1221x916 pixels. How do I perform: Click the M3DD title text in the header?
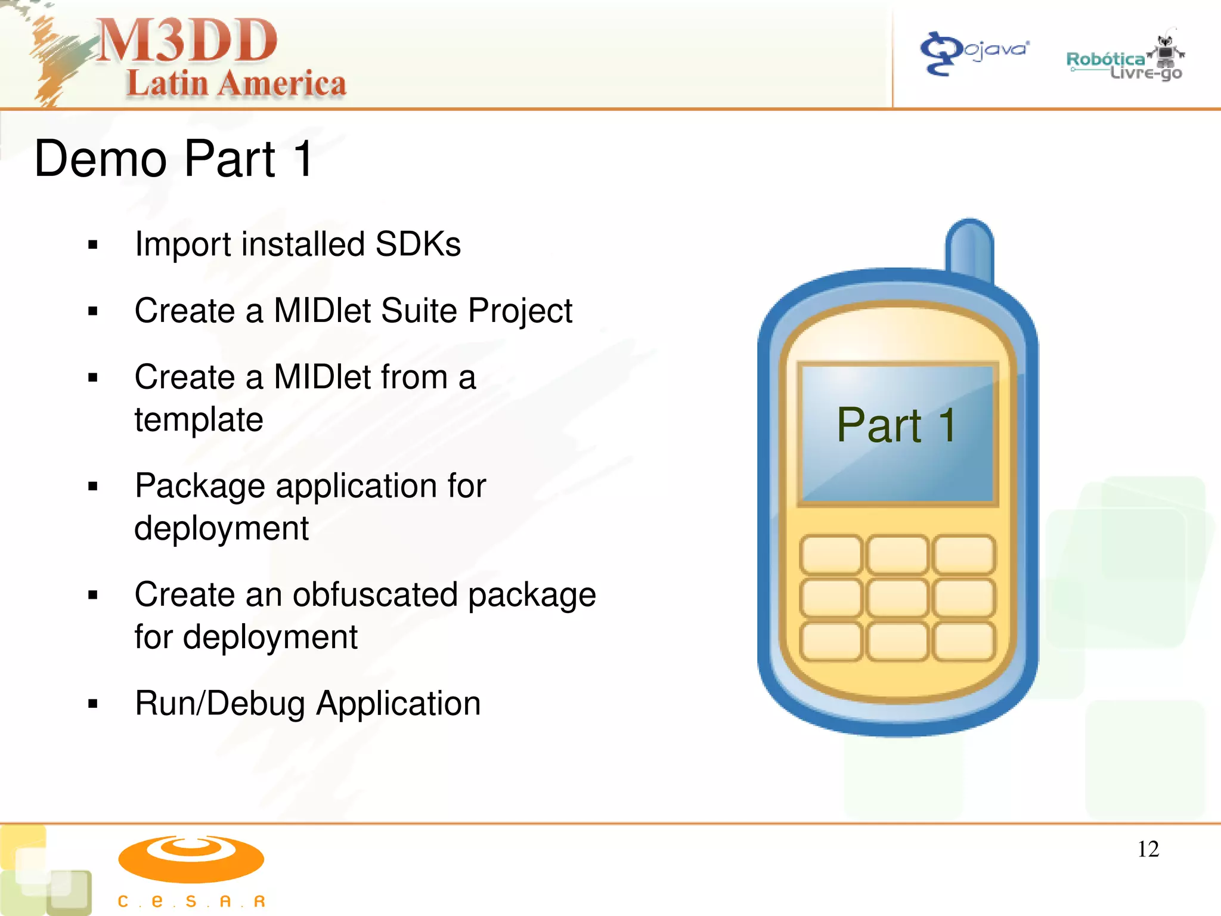186,41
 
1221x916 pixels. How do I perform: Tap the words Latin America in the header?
236,83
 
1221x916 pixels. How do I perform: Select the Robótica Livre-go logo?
1124,60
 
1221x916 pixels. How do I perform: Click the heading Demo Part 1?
173,159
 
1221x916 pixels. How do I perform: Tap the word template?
199,419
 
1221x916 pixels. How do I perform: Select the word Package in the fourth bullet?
200,485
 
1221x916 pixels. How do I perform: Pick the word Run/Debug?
220,703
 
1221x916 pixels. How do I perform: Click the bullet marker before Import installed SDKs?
92,245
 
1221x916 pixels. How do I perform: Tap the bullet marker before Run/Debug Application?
92,704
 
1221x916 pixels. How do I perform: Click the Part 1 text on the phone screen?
897,425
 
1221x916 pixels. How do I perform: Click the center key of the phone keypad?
897,598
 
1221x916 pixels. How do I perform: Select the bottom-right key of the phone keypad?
963,642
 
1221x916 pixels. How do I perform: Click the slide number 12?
1148,849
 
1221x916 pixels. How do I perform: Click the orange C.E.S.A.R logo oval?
191,859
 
